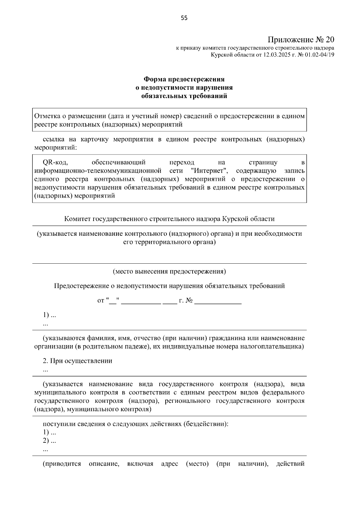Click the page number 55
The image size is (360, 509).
[184, 18]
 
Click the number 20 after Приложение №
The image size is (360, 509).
[329, 40]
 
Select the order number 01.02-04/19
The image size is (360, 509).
[319, 55]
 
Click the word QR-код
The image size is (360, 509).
[55, 163]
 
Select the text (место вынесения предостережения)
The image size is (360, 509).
[169, 271]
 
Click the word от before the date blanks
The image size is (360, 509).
[101, 301]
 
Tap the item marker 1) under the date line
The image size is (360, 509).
[46, 315]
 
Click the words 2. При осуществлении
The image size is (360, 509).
[77, 361]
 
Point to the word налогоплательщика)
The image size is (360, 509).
[276, 347]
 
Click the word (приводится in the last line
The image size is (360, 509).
[62, 464]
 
